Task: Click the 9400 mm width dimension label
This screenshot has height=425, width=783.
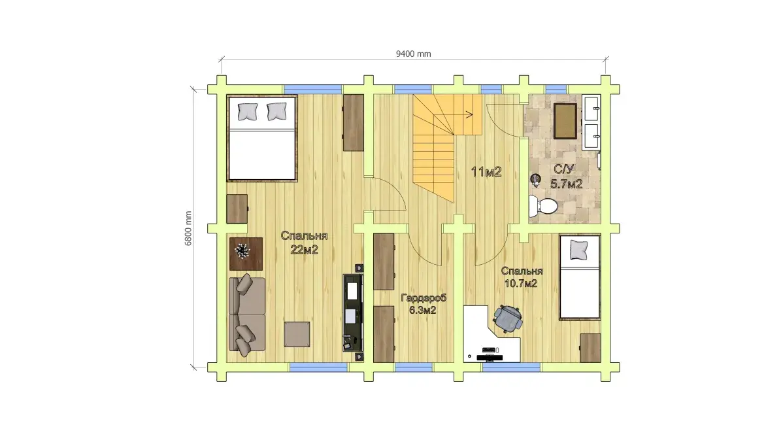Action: coord(414,54)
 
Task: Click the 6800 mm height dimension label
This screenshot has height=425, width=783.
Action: coord(188,228)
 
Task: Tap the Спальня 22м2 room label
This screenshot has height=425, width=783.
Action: coord(304,243)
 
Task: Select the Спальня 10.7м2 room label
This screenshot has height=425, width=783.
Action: coord(522,277)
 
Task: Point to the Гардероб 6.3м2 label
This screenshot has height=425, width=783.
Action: coord(424,303)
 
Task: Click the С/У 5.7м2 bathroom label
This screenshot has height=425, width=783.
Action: coord(566,177)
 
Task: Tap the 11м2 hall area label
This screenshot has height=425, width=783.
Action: coord(486,173)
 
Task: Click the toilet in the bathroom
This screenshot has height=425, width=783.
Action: coord(543,206)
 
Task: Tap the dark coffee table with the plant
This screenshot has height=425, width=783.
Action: coord(246,254)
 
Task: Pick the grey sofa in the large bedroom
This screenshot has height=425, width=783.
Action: coord(246,314)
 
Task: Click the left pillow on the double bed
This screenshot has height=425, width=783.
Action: coord(247,111)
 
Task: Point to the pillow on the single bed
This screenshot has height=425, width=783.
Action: coord(579,249)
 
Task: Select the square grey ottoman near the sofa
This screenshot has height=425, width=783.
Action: coord(297,334)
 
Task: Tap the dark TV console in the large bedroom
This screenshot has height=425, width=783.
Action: coord(352,312)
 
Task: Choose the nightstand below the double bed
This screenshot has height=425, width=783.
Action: coord(237,209)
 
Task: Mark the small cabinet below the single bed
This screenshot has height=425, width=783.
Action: coord(590,348)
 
